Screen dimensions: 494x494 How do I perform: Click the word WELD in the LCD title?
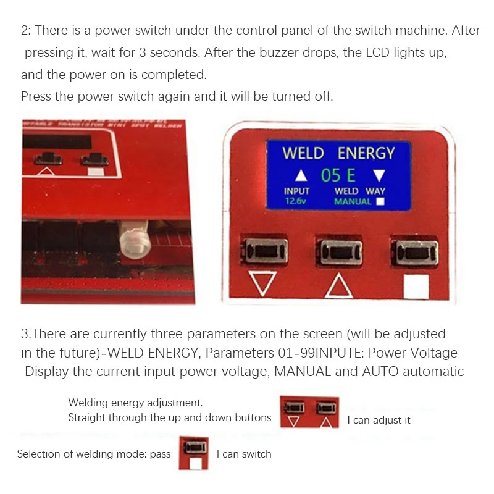[303, 153]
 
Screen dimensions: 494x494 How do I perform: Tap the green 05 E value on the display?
[338, 175]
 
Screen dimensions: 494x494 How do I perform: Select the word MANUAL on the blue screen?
[353, 201]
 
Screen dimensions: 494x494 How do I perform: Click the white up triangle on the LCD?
[301, 175]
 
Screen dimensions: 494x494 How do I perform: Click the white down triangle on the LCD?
[379, 175]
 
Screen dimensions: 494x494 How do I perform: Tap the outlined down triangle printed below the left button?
[263, 284]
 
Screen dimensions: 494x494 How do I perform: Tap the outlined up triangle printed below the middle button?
[338, 285]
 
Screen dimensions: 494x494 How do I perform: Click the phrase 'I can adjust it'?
[379, 420]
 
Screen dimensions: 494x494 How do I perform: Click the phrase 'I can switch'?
[244, 454]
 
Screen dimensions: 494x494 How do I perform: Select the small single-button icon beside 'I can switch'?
[194, 453]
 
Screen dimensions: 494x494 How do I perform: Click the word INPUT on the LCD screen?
[296, 191]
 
